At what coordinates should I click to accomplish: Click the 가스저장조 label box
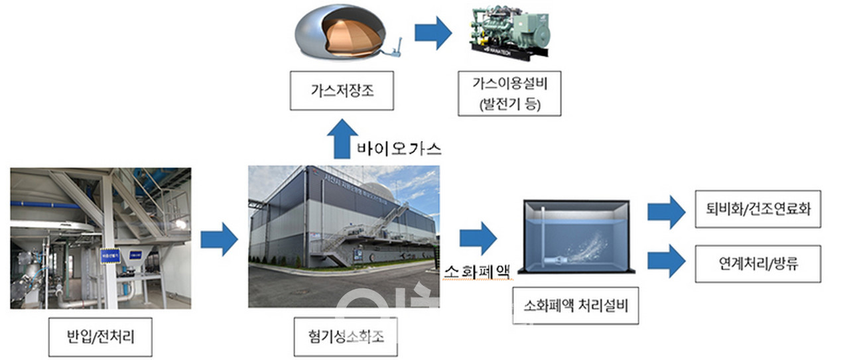(x=342, y=91)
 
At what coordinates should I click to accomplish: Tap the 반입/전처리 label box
(x=101, y=338)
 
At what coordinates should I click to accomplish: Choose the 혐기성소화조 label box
(x=344, y=338)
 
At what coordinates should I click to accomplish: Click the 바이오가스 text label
(x=398, y=148)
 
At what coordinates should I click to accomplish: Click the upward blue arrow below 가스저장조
(x=342, y=137)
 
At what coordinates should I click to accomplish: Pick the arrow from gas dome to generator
(x=433, y=34)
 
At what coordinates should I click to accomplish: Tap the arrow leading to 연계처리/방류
(x=666, y=260)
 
